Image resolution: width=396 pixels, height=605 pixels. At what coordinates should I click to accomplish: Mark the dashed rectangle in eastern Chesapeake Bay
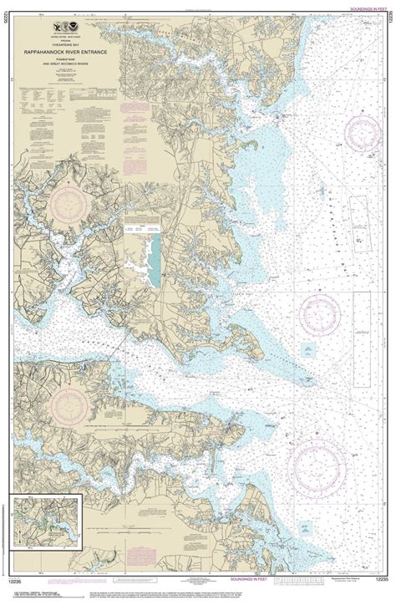tap(360, 206)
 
